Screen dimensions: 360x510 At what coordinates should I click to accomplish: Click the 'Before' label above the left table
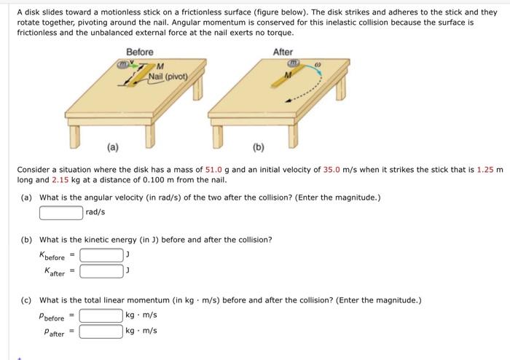point(139,52)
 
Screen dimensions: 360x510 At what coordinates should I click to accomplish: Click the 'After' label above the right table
point(283,52)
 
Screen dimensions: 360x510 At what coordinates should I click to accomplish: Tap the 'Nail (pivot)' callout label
point(168,77)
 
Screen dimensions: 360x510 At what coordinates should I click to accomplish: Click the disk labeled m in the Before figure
point(125,66)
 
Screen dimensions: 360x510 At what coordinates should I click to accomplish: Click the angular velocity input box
point(61,212)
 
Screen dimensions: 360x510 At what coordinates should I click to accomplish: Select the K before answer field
point(101,255)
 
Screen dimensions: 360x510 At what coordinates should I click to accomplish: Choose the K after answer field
point(101,272)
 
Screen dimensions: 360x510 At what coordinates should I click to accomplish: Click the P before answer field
point(101,316)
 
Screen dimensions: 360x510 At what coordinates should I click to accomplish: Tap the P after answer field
point(101,332)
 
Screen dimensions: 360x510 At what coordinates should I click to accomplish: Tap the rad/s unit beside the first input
point(95,212)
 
